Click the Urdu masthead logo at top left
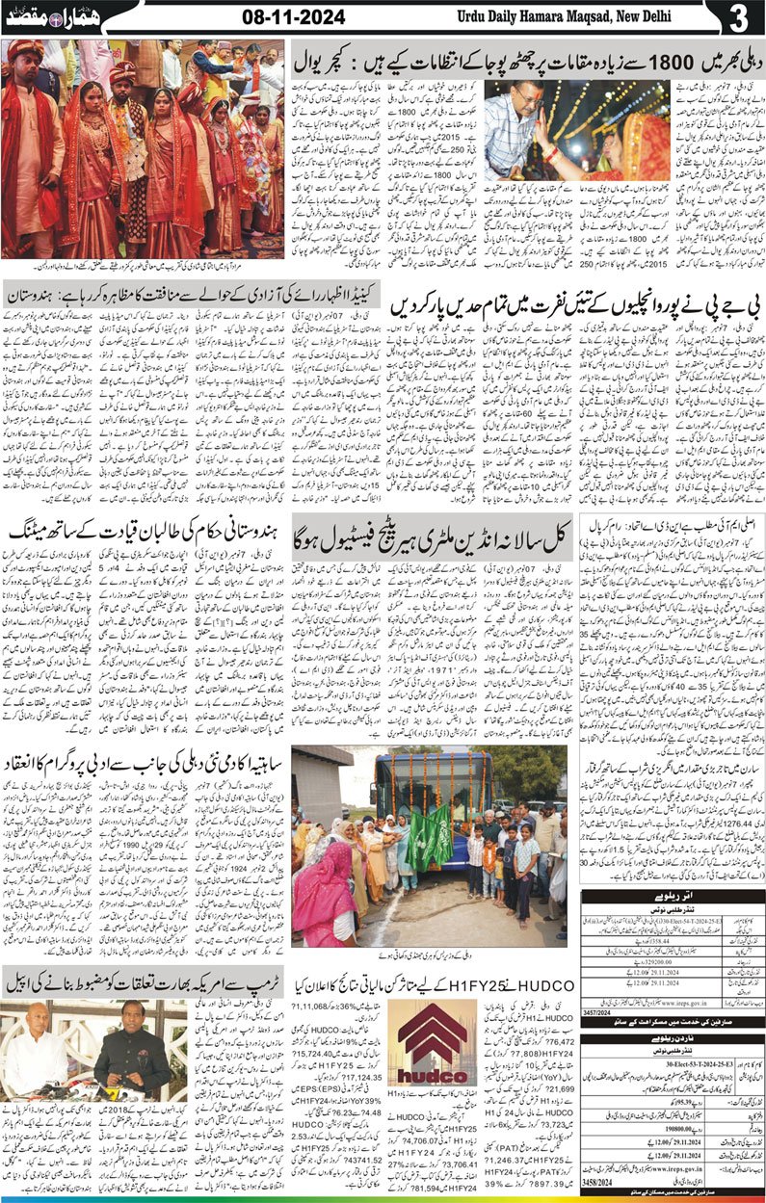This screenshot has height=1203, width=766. (x=52, y=16)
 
